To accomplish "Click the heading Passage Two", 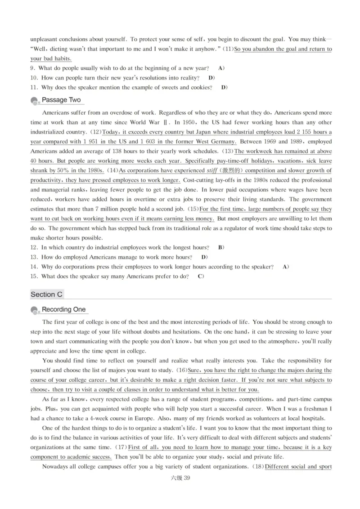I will (61, 100).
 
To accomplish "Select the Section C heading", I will (46, 295).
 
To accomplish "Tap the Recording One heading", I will (63, 309).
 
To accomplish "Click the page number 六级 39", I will (180, 478).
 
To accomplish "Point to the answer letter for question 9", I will (220, 68).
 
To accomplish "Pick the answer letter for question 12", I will (220, 247).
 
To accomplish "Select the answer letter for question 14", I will (285, 267).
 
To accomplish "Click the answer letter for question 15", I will (200, 277).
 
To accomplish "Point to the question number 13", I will (34, 257).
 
